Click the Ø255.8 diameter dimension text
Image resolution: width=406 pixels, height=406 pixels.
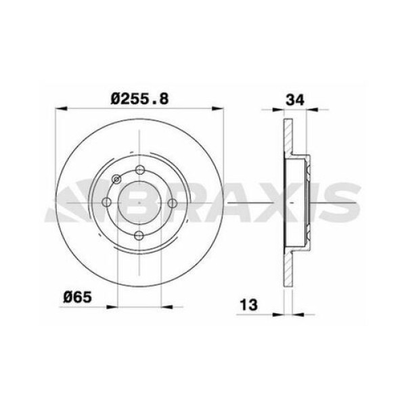pyautogui.click(x=139, y=99)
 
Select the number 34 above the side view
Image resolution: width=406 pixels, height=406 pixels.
pyautogui.click(x=294, y=99)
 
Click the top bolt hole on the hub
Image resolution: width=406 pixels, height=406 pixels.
pyautogui.click(x=139, y=171)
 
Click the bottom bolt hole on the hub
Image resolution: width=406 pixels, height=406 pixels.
pyautogui.click(x=139, y=235)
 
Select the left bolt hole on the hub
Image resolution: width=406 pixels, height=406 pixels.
pyautogui.click(x=107, y=203)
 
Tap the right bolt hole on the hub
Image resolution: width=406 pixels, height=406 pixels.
pyautogui.click(x=172, y=203)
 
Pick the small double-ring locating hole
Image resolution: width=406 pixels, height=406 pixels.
pyautogui.click(x=116, y=179)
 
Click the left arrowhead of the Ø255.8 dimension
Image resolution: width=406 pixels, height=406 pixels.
pyautogui.click(x=60, y=109)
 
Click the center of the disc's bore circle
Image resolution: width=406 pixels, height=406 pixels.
pyautogui.click(x=139, y=203)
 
